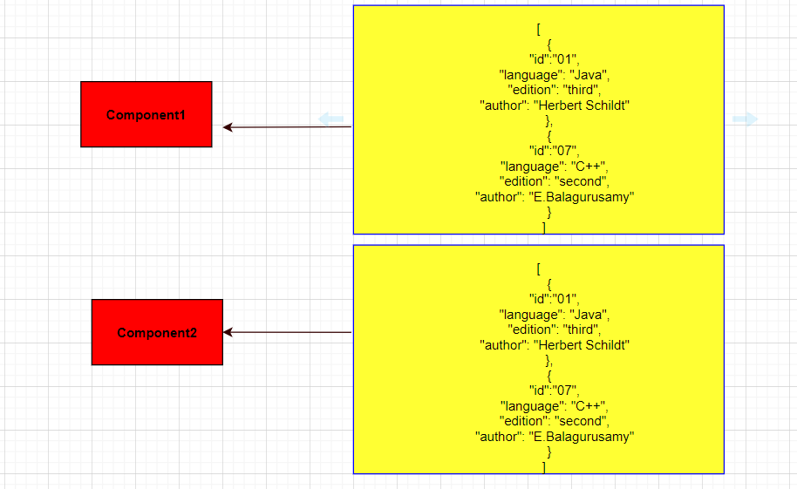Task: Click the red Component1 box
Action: (146, 114)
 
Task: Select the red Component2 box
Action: (157, 332)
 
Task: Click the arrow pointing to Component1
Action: (287, 126)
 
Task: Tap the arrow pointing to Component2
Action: (287, 332)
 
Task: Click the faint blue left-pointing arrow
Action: (330, 119)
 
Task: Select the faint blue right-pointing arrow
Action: (746, 119)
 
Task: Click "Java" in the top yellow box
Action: (588, 75)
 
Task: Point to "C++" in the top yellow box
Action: (588, 166)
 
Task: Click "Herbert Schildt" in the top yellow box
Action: (582, 105)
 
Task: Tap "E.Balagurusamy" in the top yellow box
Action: (582, 197)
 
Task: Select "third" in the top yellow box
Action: (581, 90)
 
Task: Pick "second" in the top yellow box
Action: (581, 181)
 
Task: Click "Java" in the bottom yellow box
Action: (588, 315)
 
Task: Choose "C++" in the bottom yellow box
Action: (588, 406)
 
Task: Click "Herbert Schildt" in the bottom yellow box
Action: (582, 345)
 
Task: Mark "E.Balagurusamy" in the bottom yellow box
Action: (582, 437)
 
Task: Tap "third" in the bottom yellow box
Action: (581, 329)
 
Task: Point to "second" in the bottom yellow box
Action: (581, 421)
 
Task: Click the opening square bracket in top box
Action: (539, 30)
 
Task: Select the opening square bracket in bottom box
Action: (539, 268)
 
